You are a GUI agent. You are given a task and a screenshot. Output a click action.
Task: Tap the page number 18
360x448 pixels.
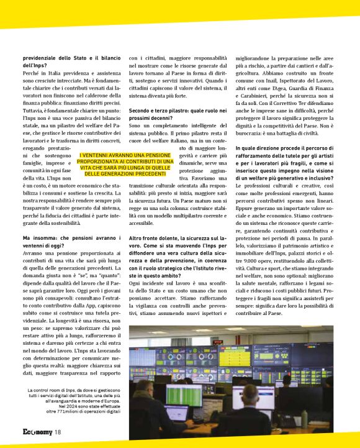click(x=57, y=432)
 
